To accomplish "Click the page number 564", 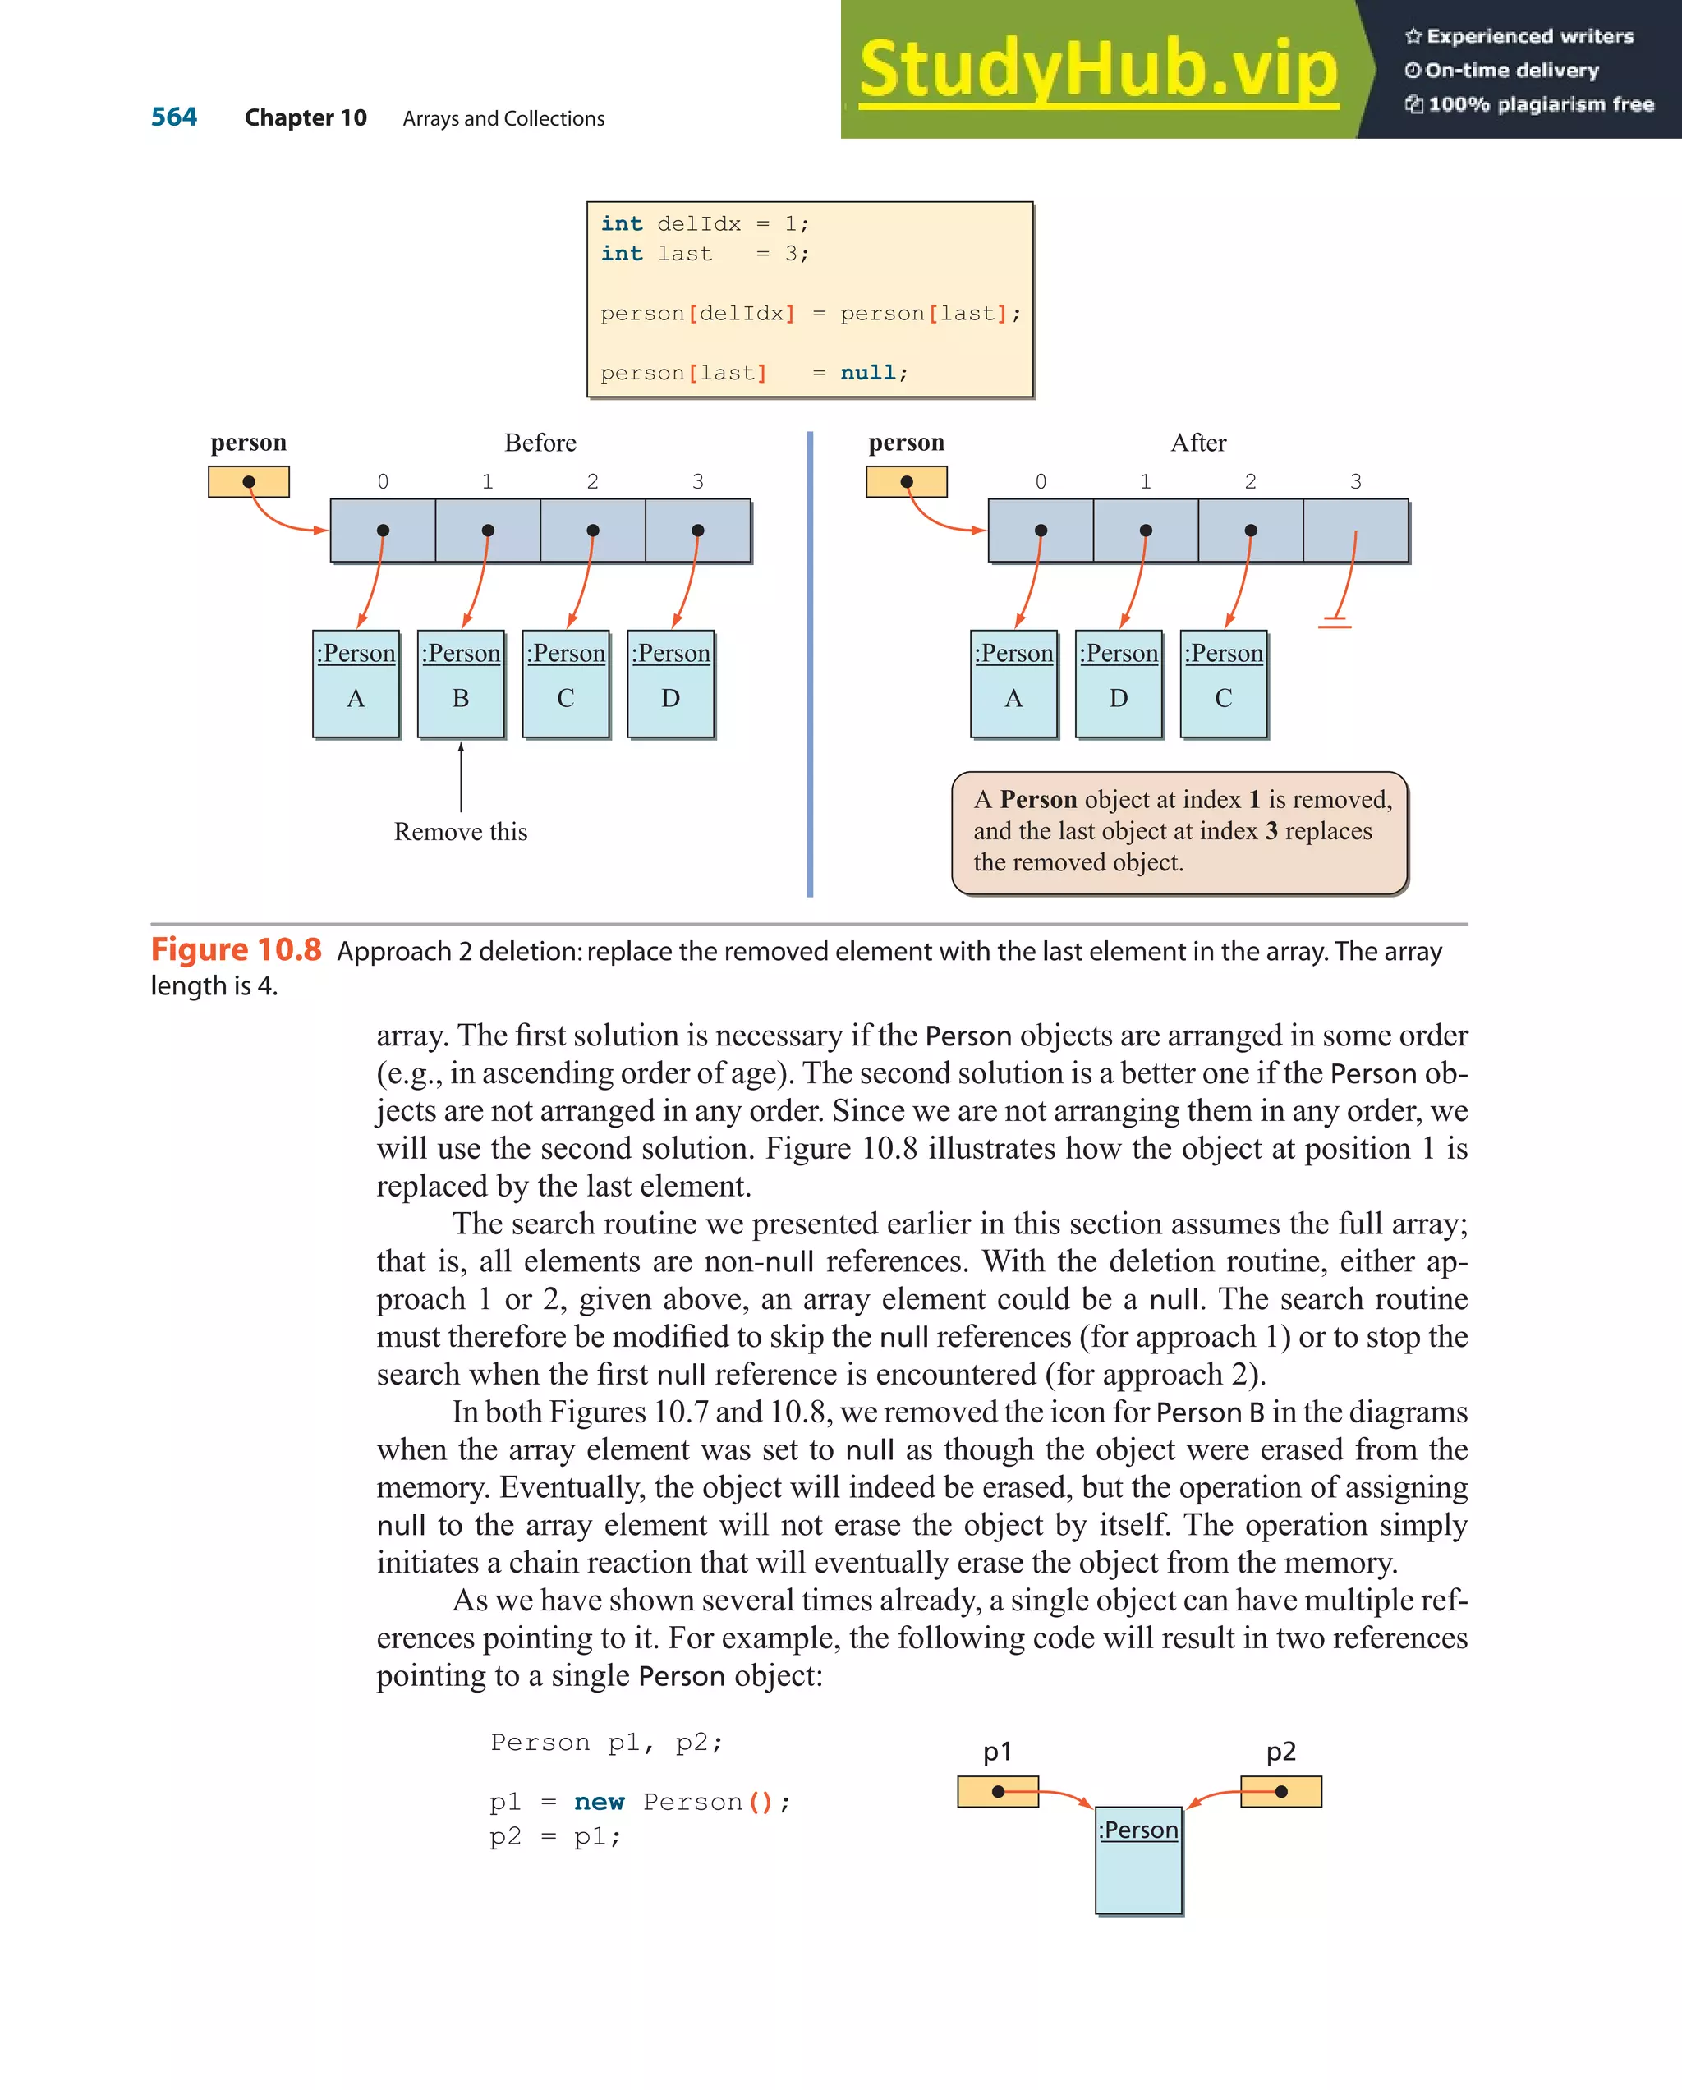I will click(x=173, y=117).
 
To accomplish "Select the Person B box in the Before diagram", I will click(x=461, y=683).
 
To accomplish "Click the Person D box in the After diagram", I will click(x=1118, y=683).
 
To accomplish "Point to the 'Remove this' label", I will click(x=461, y=832).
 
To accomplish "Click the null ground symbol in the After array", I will click(x=1335, y=622).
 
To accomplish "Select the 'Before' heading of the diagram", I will click(x=540, y=443).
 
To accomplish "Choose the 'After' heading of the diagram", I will click(x=1198, y=443).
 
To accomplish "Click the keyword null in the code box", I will click(x=867, y=373).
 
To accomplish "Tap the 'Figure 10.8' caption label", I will click(x=236, y=950).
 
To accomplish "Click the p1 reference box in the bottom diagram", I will click(x=998, y=1791).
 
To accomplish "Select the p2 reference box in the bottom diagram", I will click(x=1280, y=1791).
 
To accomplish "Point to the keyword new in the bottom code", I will click(x=599, y=1802).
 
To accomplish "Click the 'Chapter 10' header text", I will click(x=306, y=118).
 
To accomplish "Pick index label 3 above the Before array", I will click(x=697, y=482).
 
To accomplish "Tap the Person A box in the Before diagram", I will click(x=356, y=683).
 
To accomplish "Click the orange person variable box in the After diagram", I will click(x=907, y=482).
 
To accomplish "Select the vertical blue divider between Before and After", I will click(x=810, y=664).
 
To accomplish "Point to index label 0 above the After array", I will click(x=1041, y=482).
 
